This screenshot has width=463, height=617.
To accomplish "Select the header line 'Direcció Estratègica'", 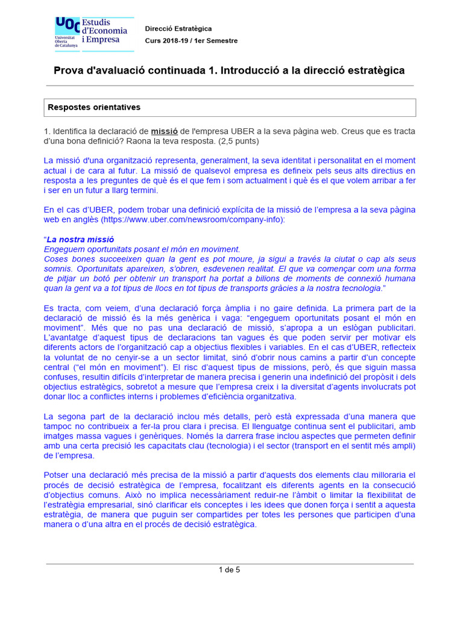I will click(x=178, y=29).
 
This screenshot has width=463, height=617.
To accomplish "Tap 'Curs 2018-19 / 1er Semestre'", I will click(x=191, y=40).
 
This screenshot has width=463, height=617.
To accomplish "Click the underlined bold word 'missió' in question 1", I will click(x=165, y=131).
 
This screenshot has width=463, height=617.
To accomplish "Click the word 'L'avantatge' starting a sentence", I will click(x=67, y=337).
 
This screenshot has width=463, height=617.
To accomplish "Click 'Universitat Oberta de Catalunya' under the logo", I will click(x=66, y=41).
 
